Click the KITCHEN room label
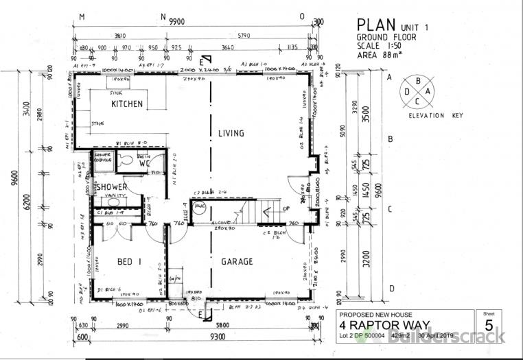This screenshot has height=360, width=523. tap(128, 104)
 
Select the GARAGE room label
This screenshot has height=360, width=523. tap(237, 261)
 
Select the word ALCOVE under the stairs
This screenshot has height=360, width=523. tap(220, 223)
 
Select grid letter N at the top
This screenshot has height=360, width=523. tap(163, 16)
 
